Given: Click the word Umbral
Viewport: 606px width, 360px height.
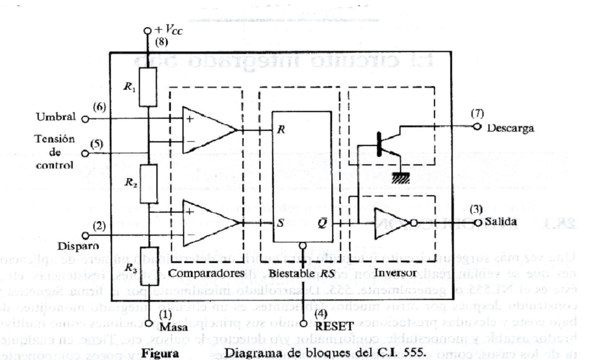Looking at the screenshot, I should [56, 117].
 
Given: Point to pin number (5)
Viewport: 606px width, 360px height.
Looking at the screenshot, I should [95, 144].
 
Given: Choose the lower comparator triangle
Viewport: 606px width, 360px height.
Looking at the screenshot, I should [206, 222].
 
